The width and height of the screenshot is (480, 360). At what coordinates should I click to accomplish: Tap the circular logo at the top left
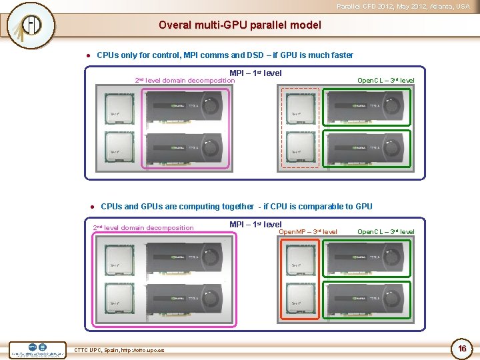click(x=31, y=25)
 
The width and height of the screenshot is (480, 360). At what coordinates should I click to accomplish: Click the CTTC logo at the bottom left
click(x=38, y=349)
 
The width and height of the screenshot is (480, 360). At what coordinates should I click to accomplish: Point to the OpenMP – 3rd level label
click(x=307, y=232)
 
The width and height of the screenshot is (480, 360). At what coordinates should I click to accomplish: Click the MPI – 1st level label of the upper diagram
click(x=255, y=73)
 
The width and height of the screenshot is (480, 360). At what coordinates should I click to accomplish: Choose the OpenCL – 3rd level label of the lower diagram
click(x=385, y=232)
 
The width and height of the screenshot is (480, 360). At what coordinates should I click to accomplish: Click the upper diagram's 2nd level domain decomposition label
click(x=185, y=81)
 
